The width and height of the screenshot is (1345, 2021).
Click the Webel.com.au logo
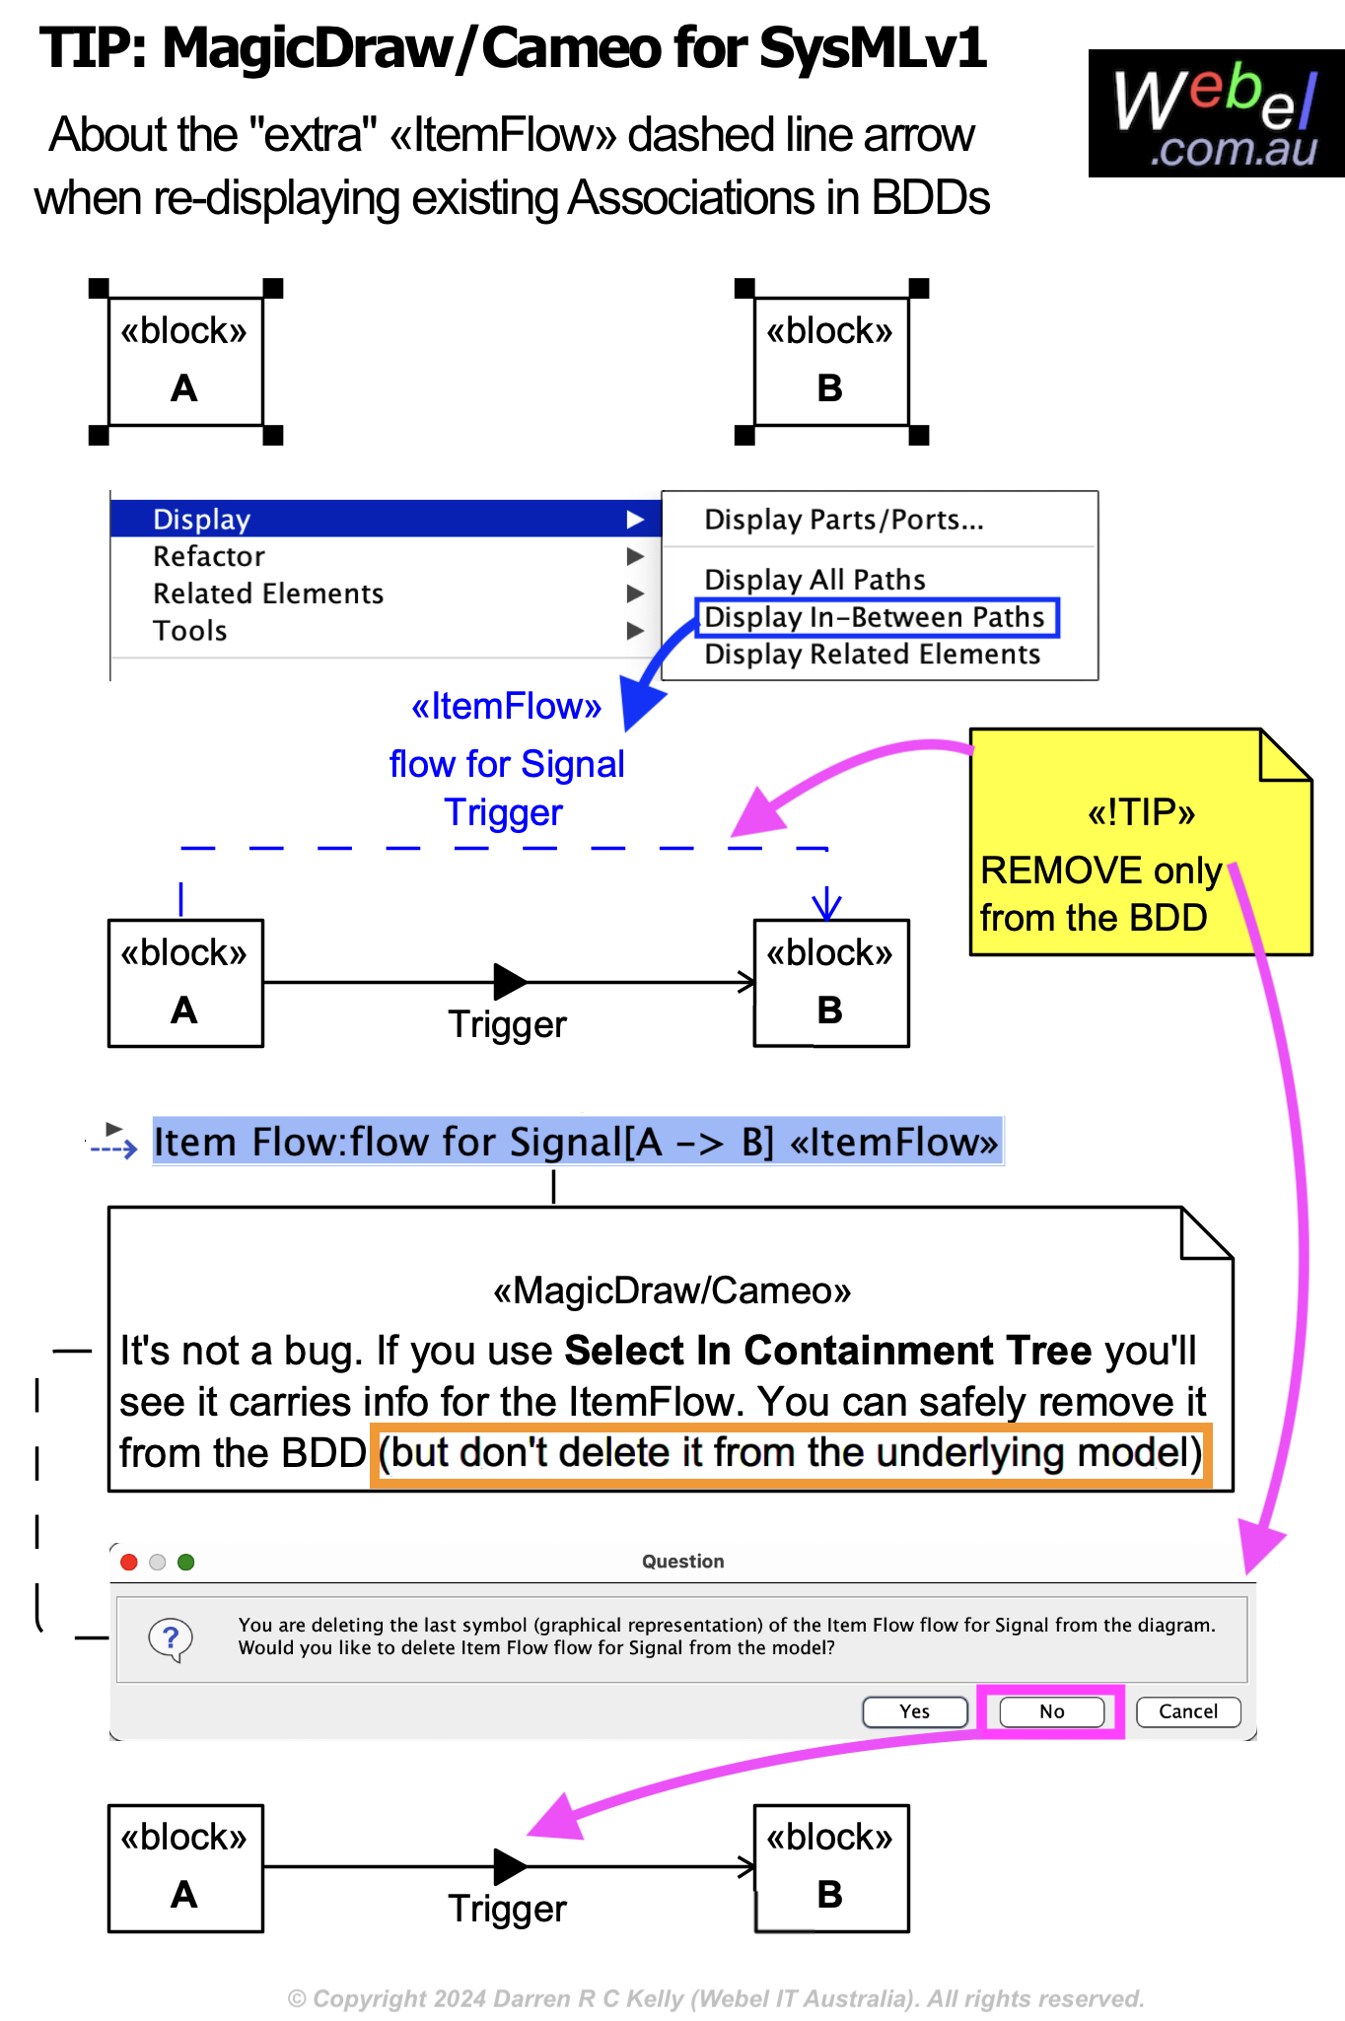[x=1216, y=113]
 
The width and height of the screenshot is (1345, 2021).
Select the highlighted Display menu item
[x=201, y=520]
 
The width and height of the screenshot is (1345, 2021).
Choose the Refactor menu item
[x=209, y=557]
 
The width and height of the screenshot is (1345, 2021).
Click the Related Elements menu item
[x=268, y=593]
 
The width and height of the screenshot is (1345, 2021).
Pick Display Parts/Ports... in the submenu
[x=844, y=520]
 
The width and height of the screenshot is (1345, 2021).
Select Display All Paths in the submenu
[x=814, y=580]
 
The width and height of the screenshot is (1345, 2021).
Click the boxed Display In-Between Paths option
[x=876, y=617]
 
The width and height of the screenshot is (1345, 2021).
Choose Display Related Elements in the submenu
[x=872, y=655]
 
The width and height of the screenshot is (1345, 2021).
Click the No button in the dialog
[x=1051, y=1711]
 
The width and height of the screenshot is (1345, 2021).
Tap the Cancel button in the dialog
[x=1187, y=1711]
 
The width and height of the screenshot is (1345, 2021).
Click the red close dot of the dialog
[x=128, y=1562]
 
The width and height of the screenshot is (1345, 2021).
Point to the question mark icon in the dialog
[x=171, y=1638]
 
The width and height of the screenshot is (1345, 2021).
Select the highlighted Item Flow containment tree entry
[x=577, y=1142]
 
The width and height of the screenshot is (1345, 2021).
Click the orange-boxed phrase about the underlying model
[x=790, y=1453]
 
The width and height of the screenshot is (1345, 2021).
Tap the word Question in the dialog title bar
[x=682, y=1562]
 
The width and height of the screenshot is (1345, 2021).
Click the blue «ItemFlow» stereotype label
[x=506, y=707]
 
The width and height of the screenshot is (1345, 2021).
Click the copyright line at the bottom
[x=716, y=1998]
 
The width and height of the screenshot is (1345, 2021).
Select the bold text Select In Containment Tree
[x=827, y=1351]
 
